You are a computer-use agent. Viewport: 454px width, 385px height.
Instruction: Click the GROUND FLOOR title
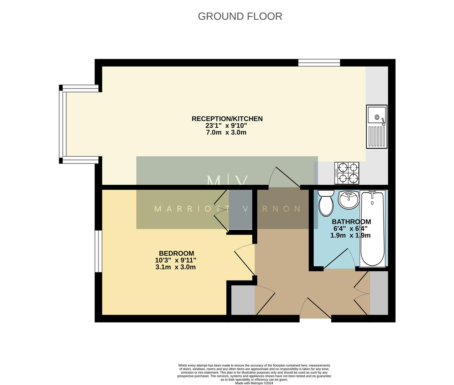tap(240, 16)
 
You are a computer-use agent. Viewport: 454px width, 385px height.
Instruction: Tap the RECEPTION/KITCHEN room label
tap(227, 119)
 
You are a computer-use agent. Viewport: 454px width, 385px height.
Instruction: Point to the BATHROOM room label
tap(351, 222)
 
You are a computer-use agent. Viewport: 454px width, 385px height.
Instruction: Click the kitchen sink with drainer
tap(377, 127)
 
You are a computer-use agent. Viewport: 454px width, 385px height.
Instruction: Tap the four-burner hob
tap(346, 173)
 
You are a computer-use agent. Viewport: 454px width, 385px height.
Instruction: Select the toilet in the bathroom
tap(325, 203)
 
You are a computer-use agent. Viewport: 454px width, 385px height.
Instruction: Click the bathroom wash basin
tap(349, 200)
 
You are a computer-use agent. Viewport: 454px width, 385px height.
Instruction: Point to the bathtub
tap(372, 229)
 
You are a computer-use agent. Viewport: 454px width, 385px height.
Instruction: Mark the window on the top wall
tap(319, 63)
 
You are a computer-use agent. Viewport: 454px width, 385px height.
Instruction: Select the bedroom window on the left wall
tap(98, 252)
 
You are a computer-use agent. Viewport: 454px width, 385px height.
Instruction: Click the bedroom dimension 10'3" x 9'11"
tap(176, 260)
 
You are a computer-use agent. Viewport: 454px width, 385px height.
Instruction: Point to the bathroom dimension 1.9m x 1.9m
tap(350, 236)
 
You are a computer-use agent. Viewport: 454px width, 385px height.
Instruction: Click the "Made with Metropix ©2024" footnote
tap(254, 383)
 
